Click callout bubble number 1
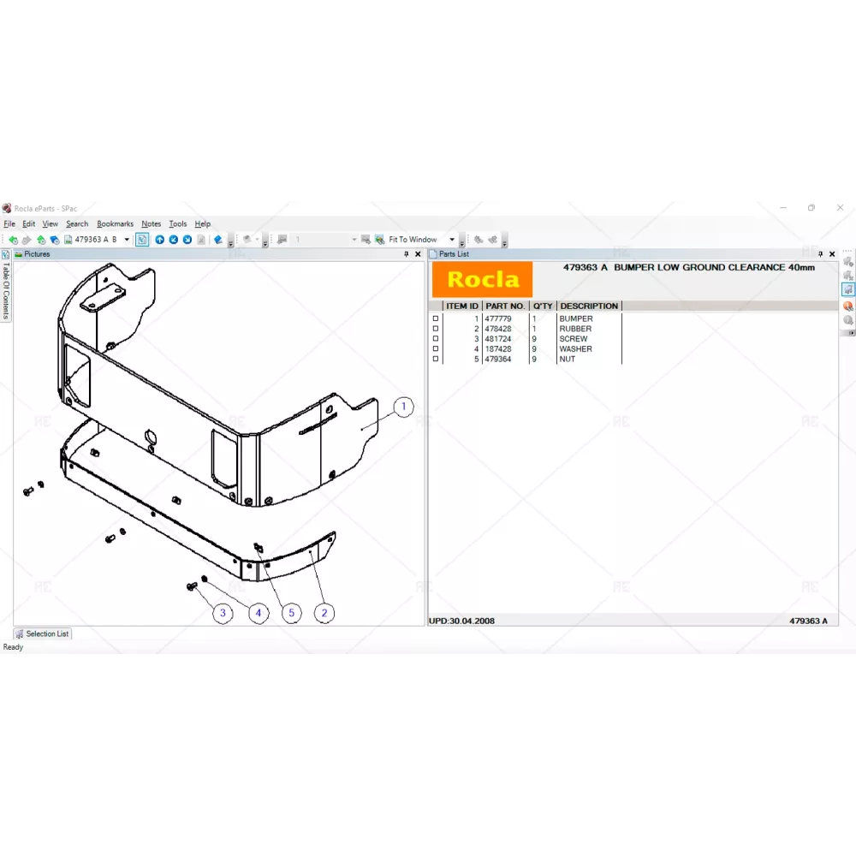pos(403,407)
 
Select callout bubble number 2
pos(324,613)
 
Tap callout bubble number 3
pos(223,613)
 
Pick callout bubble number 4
pos(259,613)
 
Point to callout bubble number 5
pos(292,613)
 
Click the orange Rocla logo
pos(482,280)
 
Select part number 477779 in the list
pos(498,318)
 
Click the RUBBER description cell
pos(575,329)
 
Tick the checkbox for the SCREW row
pos(435,338)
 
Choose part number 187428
pos(498,349)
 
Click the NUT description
pos(568,360)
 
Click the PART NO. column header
pos(505,306)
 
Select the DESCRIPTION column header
pos(589,306)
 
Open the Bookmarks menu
pos(116,223)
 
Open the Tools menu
pos(177,223)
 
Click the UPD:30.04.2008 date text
pos(462,621)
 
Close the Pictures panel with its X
pos(419,254)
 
